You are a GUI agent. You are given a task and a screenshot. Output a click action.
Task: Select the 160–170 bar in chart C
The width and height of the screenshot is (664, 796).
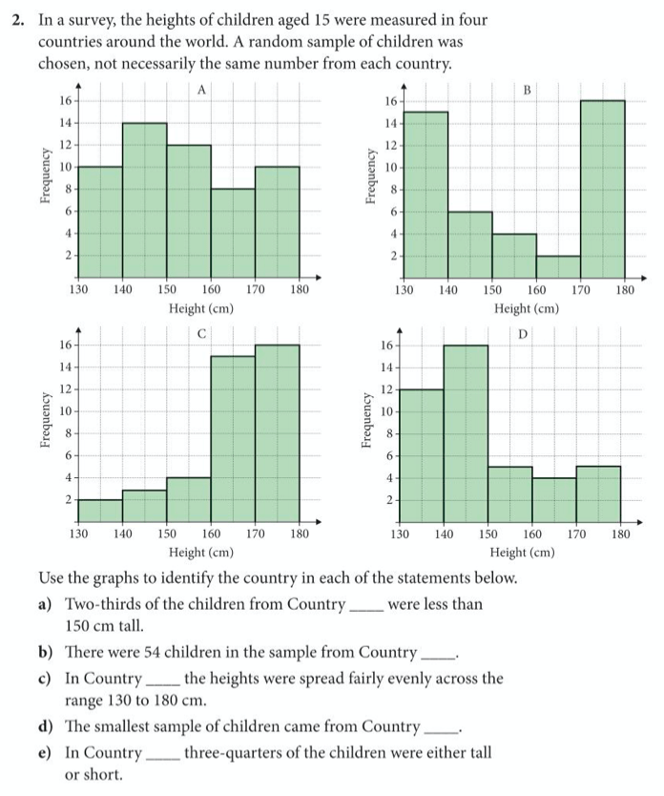click(233, 438)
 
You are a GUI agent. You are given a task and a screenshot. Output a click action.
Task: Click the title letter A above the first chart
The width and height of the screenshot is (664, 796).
click(201, 90)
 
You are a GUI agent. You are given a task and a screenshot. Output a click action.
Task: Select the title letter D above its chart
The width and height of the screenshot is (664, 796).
click(523, 334)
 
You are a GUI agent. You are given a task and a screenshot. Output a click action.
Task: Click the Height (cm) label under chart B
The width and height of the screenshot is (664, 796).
click(527, 308)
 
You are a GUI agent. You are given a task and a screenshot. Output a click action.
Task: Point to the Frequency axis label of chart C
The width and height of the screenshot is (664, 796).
click(45, 420)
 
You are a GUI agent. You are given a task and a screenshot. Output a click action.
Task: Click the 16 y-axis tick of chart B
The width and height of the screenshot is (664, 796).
click(390, 100)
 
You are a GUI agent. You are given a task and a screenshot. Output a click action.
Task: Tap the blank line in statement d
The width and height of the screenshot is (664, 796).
click(439, 728)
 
